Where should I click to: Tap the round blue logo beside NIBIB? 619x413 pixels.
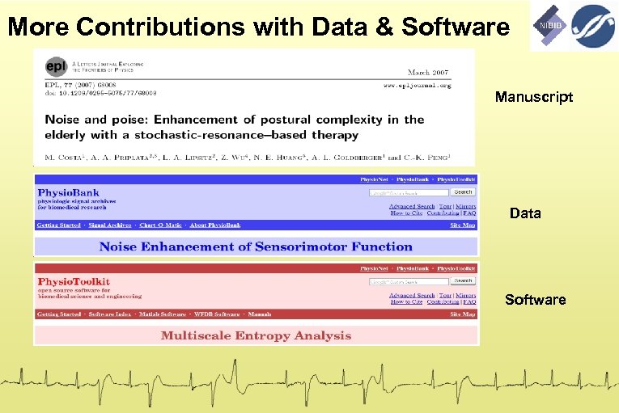click(594, 26)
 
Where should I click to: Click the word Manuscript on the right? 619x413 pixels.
click(534, 97)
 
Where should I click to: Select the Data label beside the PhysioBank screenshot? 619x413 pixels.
click(525, 213)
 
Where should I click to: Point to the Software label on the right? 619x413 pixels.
click(535, 300)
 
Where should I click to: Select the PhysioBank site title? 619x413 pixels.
click(68, 192)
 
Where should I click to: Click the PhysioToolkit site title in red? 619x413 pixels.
click(74, 282)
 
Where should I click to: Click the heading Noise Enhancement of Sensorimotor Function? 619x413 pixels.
click(256, 247)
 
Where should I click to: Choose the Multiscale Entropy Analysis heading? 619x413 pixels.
click(256, 335)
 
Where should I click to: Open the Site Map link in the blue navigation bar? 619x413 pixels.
click(462, 225)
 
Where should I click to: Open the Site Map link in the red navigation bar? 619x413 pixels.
click(462, 314)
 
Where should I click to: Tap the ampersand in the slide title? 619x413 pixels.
click(386, 27)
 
